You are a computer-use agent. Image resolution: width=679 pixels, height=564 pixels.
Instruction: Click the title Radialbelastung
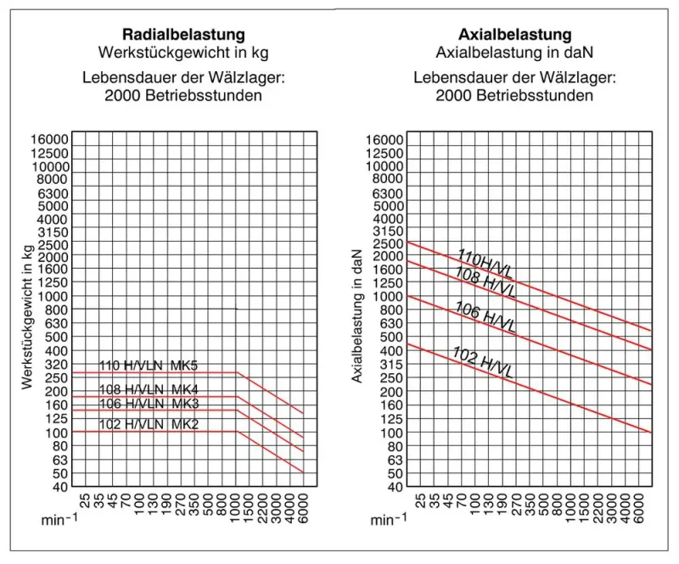(x=184, y=35)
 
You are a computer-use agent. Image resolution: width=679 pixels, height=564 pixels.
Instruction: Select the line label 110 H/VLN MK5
(x=149, y=366)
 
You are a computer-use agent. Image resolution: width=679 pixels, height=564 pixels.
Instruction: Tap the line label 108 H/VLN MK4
(x=149, y=390)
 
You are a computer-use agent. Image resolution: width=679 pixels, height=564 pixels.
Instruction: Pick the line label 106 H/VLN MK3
(x=149, y=403)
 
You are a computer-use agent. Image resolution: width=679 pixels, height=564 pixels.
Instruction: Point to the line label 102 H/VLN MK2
(x=149, y=424)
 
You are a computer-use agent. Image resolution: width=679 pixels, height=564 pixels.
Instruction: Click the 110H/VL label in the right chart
(x=485, y=265)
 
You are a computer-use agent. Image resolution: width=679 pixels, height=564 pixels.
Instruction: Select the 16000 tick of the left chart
(x=50, y=139)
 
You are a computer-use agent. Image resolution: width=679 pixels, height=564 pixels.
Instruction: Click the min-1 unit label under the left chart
(x=59, y=520)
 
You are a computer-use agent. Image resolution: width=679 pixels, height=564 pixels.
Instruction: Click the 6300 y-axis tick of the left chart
(x=53, y=193)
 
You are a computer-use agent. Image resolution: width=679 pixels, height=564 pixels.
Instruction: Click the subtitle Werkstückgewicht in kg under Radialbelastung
(x=184, y=53)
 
